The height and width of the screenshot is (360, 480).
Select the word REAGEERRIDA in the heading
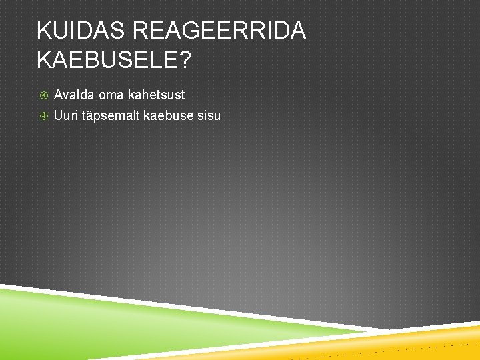click(x=220, y=31)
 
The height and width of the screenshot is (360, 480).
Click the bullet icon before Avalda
click(x=43, y=95)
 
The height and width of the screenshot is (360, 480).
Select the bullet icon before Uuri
click(x=43, y=116)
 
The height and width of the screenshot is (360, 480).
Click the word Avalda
click(x=75, y=95)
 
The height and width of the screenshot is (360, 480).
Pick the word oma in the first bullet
click(x=111, y=95)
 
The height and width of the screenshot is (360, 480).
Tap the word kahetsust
click(x=156, y=95)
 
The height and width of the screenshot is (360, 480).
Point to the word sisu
click(x=209, y=116)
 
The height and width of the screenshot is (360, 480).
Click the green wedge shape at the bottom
click(x=133, y=320)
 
